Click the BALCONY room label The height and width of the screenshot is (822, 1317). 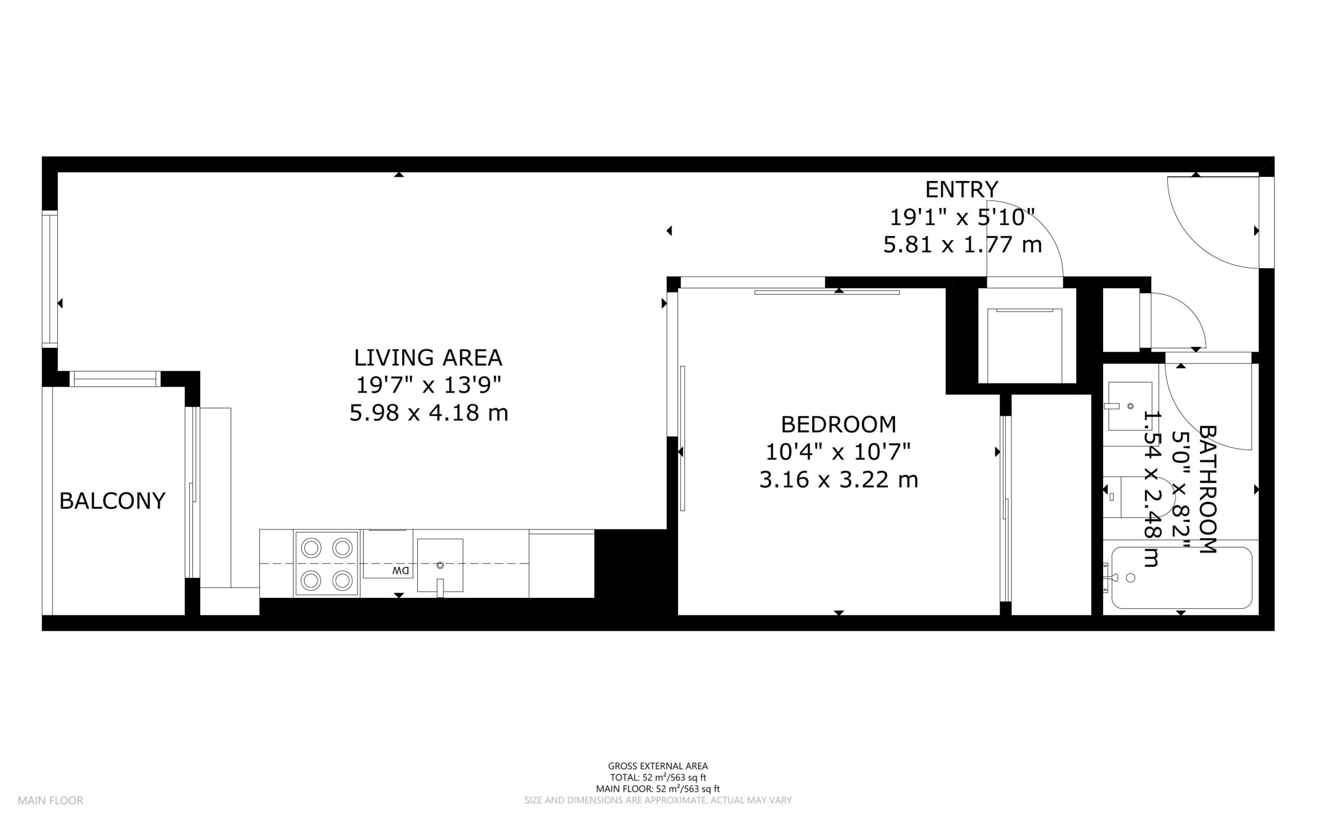[x=112, y=501]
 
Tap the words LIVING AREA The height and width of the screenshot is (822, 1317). [x=428, y=358]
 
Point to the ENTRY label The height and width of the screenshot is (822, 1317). [x=962, y=189]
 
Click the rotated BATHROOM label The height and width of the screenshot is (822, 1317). [x=1207, y=489]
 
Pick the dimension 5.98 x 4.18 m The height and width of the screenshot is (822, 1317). [x=429, y=413]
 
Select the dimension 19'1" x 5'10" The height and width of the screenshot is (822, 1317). [x=962, y=217]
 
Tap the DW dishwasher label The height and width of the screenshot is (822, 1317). [x=401, y=571]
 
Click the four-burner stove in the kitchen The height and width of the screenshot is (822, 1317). [x=326, y=564]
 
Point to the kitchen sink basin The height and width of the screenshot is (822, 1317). [x=440, y=565]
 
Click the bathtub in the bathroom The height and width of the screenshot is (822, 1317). [x=1182, y=578]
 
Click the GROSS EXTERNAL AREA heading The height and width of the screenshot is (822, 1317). [x=657, y=766]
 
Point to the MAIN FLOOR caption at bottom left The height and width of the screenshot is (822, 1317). [x=50, y=800]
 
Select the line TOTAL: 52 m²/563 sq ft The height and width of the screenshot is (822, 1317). [x=657, y=777]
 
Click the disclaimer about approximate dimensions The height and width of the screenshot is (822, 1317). [x=657, y=800]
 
